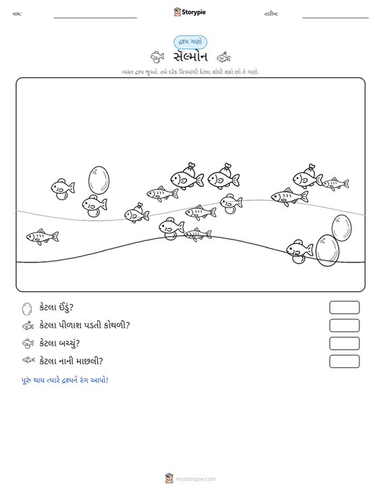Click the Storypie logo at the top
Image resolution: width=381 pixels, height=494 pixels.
tap(190, 12)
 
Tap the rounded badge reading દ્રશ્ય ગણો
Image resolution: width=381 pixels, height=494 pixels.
tap(190, 42)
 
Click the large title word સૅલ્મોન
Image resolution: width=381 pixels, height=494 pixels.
tap(190, 57)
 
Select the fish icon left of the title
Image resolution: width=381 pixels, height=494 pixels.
tap(158, 57)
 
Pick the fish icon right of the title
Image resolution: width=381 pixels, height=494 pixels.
tap(223, 57)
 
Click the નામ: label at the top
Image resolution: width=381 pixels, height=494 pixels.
tap(17, 14)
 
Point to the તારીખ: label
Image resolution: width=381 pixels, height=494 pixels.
tap(271, 14)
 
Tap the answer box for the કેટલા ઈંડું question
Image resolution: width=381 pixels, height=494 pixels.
tap(344, 307)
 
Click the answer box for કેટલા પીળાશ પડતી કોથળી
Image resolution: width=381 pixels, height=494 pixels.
tap(344, 326)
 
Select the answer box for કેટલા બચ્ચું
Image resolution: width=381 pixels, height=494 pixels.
tap(344, 344)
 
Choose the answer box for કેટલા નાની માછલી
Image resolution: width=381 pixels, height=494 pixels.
tap(344, 361)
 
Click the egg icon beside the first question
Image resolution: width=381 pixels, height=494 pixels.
tap(27, 309)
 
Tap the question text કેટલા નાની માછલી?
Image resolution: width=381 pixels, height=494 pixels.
tap(71, 361)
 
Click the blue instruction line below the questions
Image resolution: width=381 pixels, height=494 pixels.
tap(65, 380)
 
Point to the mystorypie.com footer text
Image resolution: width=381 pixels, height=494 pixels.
tap(196, 479)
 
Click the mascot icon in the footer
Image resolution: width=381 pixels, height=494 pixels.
tap(169, 478)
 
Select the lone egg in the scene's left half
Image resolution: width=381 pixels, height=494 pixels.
tap(99, 180)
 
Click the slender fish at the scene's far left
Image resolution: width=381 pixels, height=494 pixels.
tap(42, 237)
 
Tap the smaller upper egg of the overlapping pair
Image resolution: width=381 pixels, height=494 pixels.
tap(342, 228)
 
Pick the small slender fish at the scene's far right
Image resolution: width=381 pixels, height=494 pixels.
tap(335, 184)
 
